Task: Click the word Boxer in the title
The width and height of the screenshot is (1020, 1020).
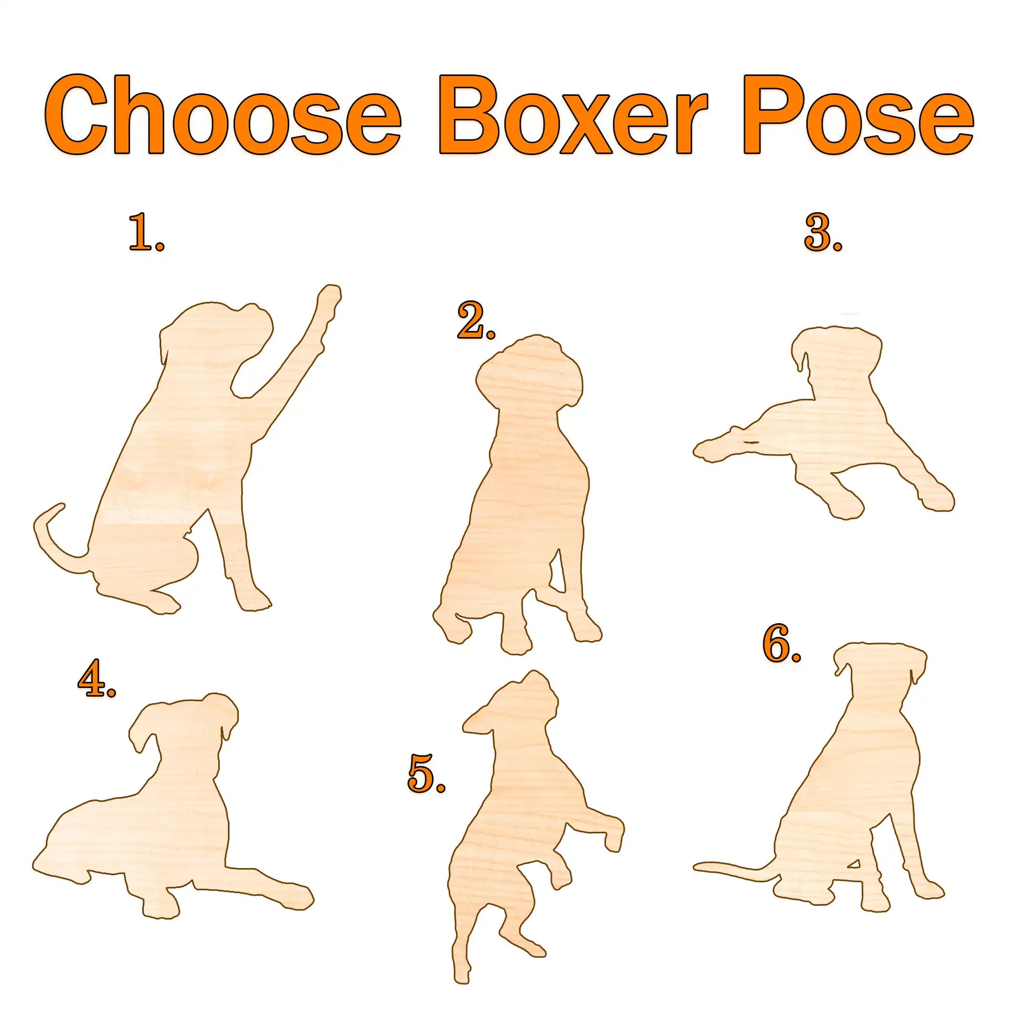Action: pos(573,115)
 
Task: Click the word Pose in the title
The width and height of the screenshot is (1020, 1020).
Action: pos(859,115)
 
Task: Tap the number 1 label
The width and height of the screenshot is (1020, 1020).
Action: pos(147,233)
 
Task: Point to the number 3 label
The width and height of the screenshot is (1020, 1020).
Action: pos(823,233)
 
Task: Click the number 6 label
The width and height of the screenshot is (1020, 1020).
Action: pos(782,643)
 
